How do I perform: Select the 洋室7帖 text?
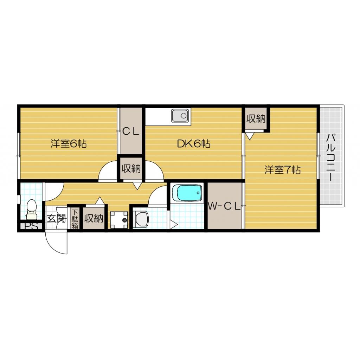282,170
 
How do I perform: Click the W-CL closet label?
224,207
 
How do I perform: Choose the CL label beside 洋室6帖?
131,132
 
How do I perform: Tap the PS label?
31,227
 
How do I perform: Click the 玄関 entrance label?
56,219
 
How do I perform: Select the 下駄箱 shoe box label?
75,219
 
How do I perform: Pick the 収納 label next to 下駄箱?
93,219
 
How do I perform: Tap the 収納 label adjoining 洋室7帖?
255,119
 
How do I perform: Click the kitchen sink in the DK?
180,116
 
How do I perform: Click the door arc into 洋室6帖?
108,172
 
